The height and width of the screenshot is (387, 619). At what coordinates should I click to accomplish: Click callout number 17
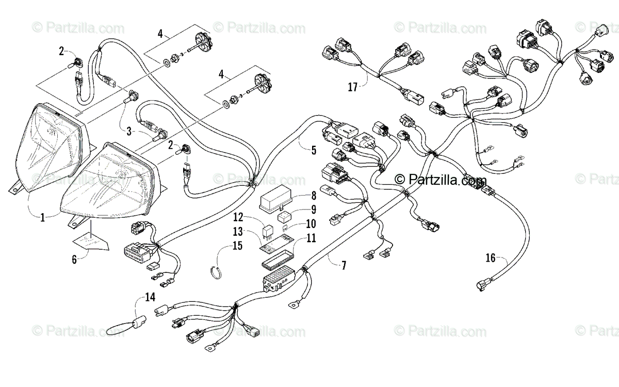tap(352, 87)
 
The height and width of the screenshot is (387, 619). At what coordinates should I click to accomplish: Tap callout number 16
tap(491, 258)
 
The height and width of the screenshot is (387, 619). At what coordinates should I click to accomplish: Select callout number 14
tap(150, 297)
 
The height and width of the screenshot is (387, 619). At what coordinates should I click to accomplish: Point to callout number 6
tap(74, 260)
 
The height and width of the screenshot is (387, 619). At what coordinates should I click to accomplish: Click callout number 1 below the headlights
tap(42, 218)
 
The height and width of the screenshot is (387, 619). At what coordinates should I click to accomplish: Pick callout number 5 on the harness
tap(314, 150)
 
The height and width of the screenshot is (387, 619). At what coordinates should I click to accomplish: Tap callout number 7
tap(344, 266)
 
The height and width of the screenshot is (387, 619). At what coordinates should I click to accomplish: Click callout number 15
tap(237, 246)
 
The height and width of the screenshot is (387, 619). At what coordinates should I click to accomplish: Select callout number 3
tap(129, 132)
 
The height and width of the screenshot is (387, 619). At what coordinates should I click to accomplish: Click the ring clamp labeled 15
tap(218, 272)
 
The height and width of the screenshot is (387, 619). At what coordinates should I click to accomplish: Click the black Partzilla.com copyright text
tap(440, 180)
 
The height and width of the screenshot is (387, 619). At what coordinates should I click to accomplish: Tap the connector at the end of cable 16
tap(482, 285)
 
